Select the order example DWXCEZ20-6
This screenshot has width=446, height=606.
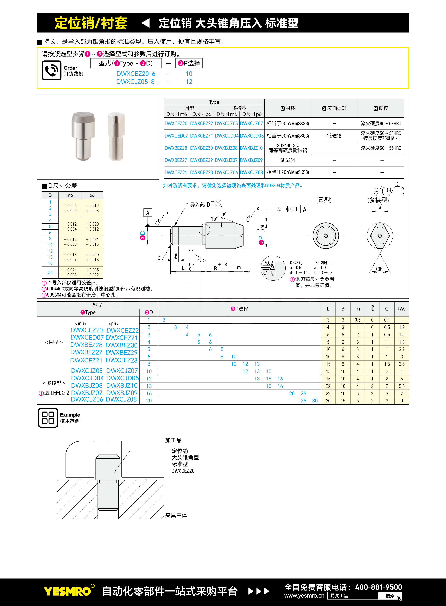pos(136,74)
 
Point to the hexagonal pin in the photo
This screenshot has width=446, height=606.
pos(116,136)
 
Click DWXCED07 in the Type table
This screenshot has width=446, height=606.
pos(176,136)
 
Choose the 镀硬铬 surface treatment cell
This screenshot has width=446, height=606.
pos(334,136)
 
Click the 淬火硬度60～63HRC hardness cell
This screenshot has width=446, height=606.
pos(381,123)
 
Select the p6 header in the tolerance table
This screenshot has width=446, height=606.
pos(92,195)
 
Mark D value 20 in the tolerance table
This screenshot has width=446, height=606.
pos(50,272)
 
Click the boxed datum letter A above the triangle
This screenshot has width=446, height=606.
pos(147,213)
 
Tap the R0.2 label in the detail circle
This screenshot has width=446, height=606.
pos(268,263)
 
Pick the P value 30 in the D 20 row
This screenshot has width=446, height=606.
pos(315,401)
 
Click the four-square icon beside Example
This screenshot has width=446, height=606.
pos(48,418)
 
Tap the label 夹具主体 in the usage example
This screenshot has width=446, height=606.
pos(176,515)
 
